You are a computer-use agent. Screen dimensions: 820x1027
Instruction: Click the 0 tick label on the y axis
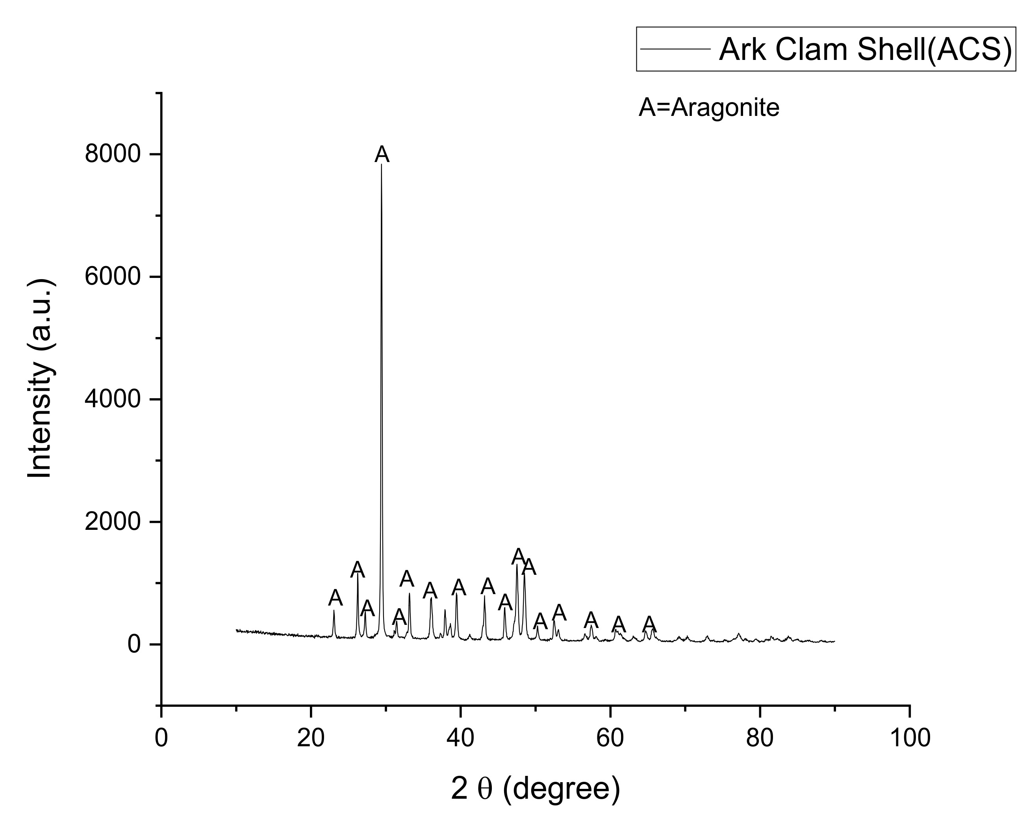[x=134, y=645]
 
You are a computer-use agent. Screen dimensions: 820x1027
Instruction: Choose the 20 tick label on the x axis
[x=311, y=738]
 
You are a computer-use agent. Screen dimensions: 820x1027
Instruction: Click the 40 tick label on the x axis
[x=461, y=738]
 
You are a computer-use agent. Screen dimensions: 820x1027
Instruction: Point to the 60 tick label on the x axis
[x=610, y=738]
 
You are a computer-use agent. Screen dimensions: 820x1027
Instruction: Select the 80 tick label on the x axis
[x=760, y=738]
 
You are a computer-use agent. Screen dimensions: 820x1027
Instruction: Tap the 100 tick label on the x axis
[x=909, y=738]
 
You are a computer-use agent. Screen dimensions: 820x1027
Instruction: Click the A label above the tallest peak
[x=382, y=155]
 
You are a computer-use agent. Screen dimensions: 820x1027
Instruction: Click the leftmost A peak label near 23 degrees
[x=336, y=598]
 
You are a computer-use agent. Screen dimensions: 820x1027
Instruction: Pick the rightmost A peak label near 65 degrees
[x=649, y=624]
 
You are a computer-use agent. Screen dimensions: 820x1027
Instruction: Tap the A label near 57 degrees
[x=591, y=620]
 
